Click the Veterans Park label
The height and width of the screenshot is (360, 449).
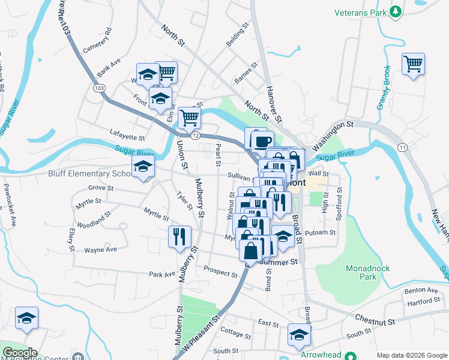click(x=360, y=11)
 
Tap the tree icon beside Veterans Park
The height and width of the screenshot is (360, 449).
click(x=396, y=11)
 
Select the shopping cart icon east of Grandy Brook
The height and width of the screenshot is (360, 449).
click(x=413, y=64)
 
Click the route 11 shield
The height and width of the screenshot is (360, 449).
click(x=403, y=148)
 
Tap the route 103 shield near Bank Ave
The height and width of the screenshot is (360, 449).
click(x=99, y=88)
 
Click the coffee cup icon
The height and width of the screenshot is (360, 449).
click(x=262, y=142)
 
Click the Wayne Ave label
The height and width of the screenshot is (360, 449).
click(x=100, y=250)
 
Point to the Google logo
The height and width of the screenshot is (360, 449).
click(x=20, y=353)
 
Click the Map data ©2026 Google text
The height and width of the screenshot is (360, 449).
click(x=411, y=355)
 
